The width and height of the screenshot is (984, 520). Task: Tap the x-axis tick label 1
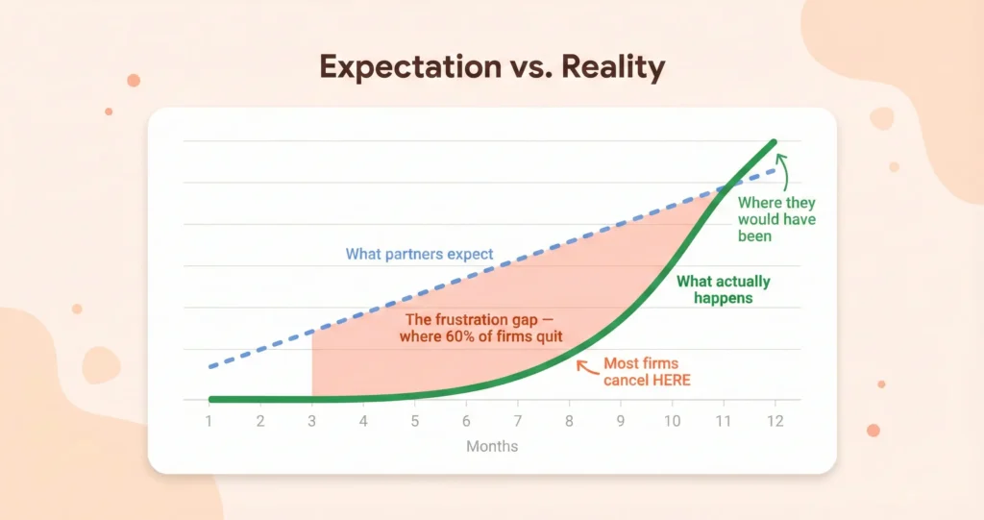[209, 421]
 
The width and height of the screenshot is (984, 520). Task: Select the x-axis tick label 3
[312, 421]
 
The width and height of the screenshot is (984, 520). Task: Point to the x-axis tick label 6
[466, 421]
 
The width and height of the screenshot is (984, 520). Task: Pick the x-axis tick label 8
[569, 421]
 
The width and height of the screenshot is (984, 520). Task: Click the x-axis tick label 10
[672, 421]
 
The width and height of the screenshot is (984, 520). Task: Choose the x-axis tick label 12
[775, 421]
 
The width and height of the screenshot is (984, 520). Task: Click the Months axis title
[492, 446]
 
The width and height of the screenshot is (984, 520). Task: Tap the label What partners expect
[419, 255]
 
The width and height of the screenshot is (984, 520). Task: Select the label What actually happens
[724, 289]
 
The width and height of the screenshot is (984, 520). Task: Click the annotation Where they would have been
[776, 219]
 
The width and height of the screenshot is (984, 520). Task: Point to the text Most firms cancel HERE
[646, 372]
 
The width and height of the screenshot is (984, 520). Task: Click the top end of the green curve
[774, 142]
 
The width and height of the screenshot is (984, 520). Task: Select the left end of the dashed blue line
[210, 367]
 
